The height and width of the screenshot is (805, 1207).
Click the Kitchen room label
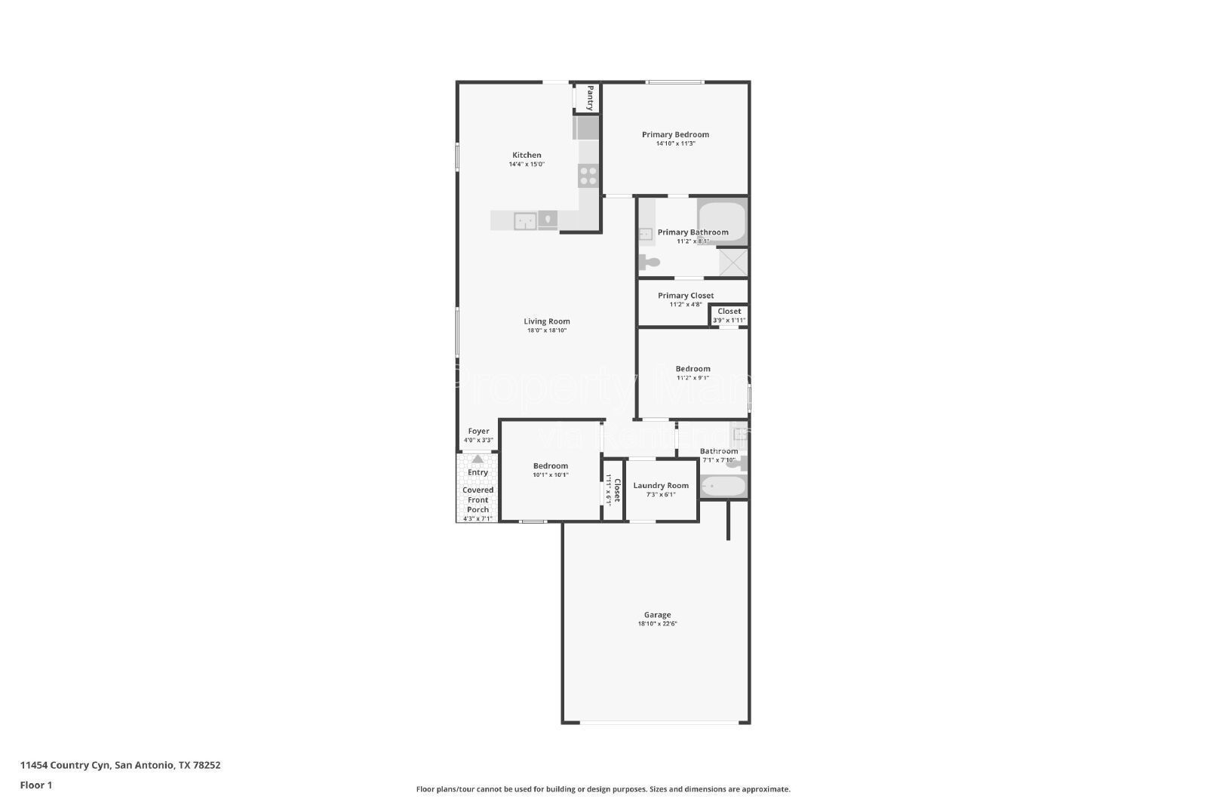pos(527,155)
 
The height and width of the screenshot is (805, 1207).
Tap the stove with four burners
pos(588,177)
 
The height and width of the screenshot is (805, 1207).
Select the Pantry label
pos(590,97)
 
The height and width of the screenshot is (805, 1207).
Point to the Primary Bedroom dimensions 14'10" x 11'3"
pos(675,143)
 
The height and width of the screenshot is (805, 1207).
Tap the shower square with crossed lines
pos(732,262)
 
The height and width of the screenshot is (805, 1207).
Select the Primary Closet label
pos(685,296)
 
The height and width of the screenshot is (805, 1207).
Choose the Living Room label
pos(547,321)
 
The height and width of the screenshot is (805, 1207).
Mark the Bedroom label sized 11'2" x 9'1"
pos(693,369)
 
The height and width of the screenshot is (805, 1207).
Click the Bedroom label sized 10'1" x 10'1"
pos(550,466)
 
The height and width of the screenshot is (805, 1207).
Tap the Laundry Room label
pos(661,486)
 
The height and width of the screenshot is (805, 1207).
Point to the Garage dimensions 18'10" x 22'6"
pos(657,624)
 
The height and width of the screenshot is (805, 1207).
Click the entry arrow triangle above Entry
pos(478,459)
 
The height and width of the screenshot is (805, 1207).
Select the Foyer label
pos(478,432)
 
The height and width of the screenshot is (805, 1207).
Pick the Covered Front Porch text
pos(478,499)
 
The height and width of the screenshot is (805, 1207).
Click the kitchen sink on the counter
pos(525,221)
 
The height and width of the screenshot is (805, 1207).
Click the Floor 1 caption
pos(36,785)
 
